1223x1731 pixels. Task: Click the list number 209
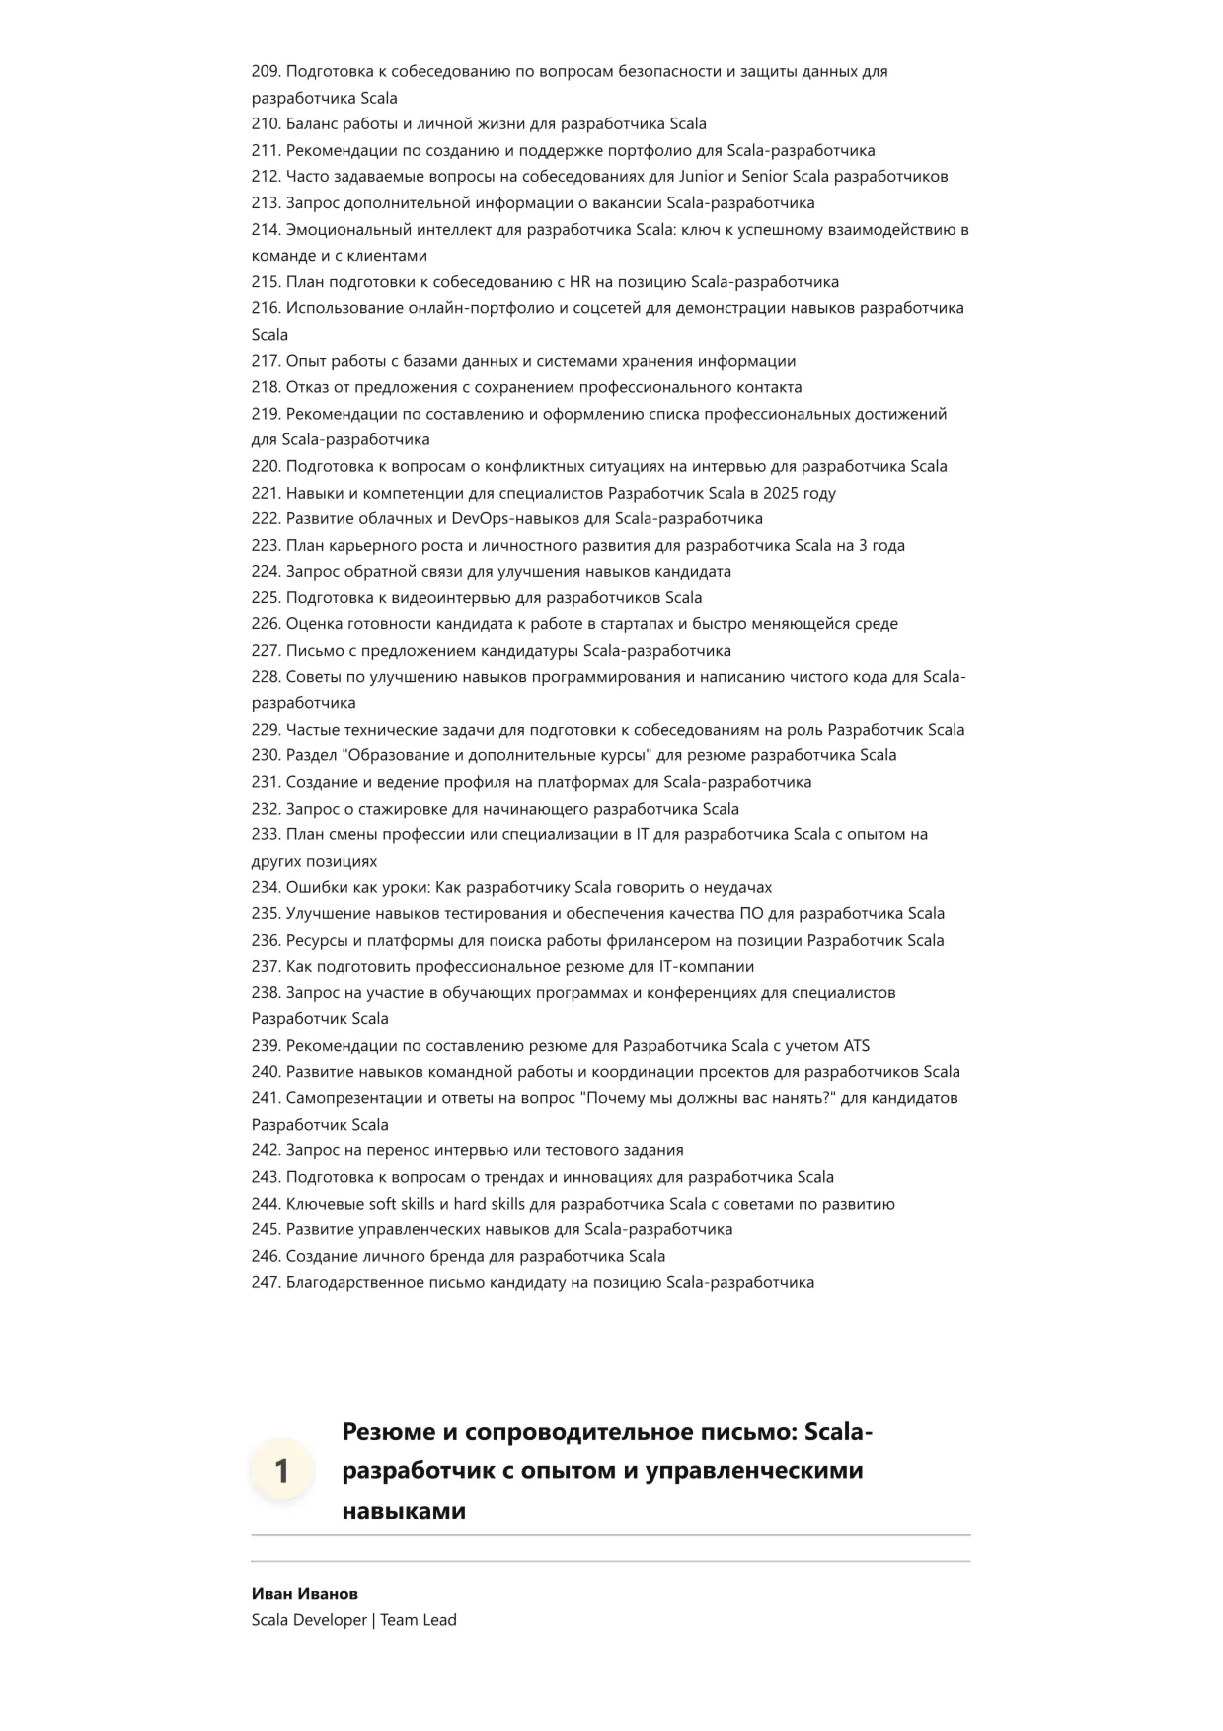pos(267,71)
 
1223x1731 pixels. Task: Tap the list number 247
pos(267,1283)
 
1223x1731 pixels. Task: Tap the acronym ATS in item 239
pos(856,1046)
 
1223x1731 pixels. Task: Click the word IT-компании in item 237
pos(707,967)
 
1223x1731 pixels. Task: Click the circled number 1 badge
pos(281,1471)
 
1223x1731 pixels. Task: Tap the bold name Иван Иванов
pos(305,1594)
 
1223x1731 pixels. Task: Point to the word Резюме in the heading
pos(394,1432)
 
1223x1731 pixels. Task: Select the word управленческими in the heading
pos(754,1471)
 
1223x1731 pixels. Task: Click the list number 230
pos(267,756)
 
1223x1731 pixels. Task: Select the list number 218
pos(267,388)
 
